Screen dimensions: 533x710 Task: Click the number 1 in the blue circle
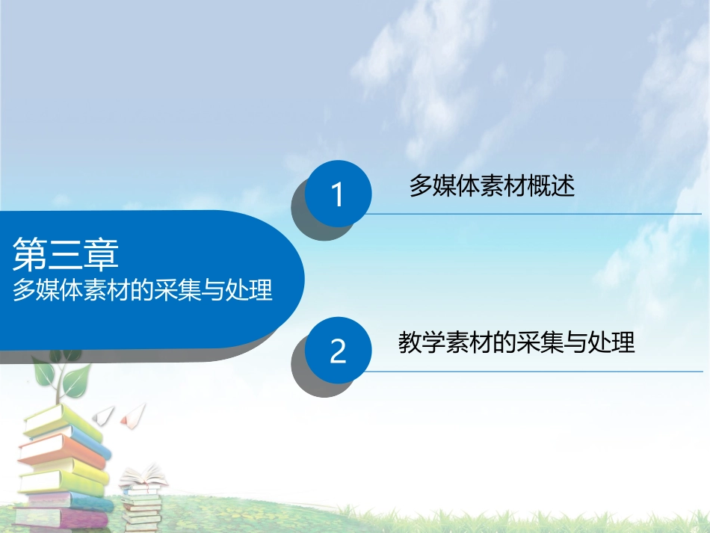337,195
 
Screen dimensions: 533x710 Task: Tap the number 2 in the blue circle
338,351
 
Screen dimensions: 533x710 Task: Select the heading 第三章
66,254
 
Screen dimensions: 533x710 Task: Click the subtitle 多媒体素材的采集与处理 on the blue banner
142,291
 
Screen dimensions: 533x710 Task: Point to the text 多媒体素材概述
492,186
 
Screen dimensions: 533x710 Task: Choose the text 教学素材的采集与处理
516,342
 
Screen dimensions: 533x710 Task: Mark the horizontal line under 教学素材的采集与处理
534,371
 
